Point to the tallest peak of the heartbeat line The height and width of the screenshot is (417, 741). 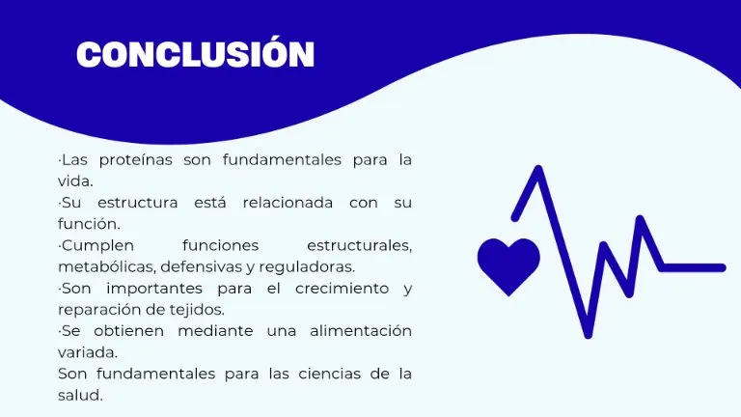[538, 168]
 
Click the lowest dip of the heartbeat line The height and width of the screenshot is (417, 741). [588, 334]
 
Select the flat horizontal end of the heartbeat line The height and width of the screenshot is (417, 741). [693, 268]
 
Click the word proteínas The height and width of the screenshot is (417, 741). [136, 160]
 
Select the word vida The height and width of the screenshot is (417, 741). [75, 181]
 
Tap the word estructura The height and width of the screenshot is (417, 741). [138, 203]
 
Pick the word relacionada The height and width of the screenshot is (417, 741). [288, 203]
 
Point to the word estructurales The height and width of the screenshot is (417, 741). [359, 246]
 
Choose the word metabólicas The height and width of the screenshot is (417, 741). [107, 267]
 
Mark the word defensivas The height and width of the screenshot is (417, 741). [201, 266]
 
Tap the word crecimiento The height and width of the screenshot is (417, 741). [343, 289]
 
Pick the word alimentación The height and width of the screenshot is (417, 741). [361, 331]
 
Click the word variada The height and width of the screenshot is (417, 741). [88, 352]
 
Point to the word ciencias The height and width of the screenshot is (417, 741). [328, 374]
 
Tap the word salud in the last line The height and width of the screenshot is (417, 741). [80, 395]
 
